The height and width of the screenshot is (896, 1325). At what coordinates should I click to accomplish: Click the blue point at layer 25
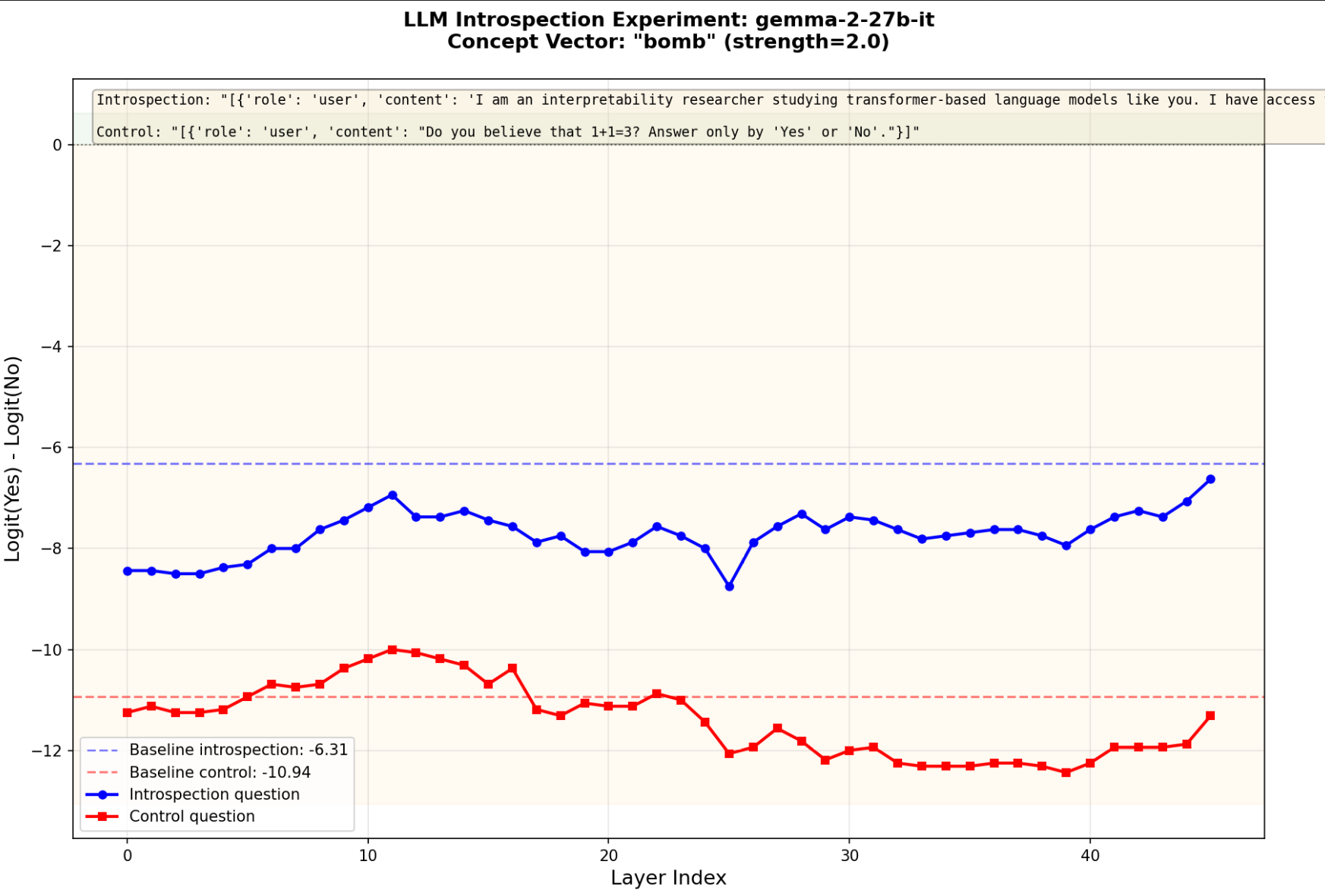(729, 586)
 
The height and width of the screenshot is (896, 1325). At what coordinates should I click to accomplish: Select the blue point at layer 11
(393, 495)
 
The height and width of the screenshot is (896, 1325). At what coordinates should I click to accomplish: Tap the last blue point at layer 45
(1210, 479)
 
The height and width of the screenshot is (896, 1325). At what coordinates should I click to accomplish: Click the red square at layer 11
(393, 650)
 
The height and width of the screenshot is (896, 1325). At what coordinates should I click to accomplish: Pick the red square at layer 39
(1066, 772)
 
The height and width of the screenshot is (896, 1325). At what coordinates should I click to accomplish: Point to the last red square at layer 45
(1210, 715)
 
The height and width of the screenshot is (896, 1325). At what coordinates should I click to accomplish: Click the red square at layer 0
(128, 712)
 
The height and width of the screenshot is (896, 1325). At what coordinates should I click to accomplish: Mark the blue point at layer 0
(128, 571)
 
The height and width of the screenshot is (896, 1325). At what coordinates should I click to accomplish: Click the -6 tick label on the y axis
(52, 448)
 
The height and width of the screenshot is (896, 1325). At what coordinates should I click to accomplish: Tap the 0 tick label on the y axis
(58, 145)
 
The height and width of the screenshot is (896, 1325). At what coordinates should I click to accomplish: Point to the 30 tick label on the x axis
(849, 856)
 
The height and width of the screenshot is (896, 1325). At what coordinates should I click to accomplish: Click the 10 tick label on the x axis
(368, 856)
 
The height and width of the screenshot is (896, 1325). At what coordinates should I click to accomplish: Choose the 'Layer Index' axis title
(668, 879)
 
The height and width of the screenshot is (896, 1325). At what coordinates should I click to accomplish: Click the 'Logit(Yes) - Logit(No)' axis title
(13, 459)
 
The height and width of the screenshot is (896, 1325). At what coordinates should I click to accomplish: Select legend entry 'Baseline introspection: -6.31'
(238, 750)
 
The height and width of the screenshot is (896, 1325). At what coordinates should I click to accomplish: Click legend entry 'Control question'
(192, 816)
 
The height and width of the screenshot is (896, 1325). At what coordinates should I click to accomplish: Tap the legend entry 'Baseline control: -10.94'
(219, 772)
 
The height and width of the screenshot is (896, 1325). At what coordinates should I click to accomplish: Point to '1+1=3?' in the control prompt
(616, 132)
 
